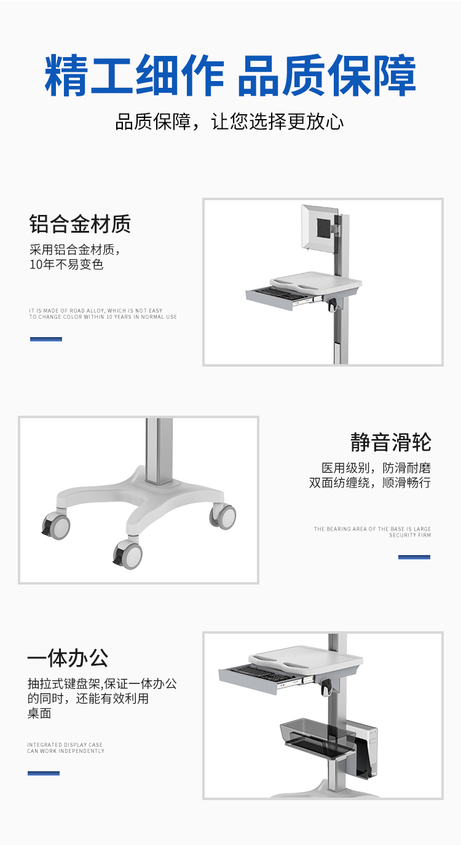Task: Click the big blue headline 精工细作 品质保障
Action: point(230,75)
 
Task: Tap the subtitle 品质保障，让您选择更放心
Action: point(229,122)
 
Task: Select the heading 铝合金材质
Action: point(80,224)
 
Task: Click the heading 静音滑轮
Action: point(390,442)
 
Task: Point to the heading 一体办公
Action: point(68,658)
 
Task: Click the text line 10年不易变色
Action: point(66,264)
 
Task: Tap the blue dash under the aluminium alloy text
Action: point(46,339)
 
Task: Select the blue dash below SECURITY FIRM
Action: point(414,557)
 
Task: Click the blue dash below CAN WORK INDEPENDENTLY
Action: point(44,773)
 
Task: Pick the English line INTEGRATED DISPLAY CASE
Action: point(65,745)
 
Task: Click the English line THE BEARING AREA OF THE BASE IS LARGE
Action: point(372,529)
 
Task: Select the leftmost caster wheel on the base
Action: point(56,524)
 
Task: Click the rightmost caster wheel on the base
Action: point(223,516)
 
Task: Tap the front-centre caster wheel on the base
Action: point(128,554)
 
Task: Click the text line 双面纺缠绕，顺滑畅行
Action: point(369,483)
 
